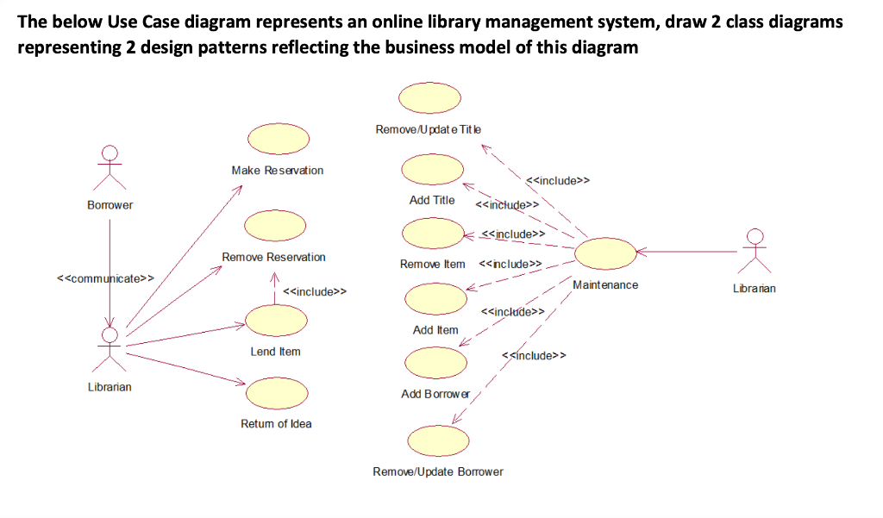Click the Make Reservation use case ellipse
pos(279,139)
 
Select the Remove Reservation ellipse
pos(275,226)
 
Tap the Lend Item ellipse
pos(277,321)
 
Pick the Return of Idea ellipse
pos(277,393)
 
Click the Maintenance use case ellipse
pos(605,253)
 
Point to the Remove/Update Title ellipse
pos(429,98)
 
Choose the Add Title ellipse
pos(433,170)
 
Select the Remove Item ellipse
pos(433,233)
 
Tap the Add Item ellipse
pos(435,299)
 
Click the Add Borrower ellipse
pos(435,363)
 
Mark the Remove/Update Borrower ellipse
pos(438,441)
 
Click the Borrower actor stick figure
pos(110,168)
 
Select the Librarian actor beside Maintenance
pos(755,251)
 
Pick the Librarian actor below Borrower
pos(110,350)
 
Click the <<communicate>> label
pos(105,278)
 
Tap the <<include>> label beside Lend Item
pos(315,291)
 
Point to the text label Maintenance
pos(605,285)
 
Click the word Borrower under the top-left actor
pos(110,205)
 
